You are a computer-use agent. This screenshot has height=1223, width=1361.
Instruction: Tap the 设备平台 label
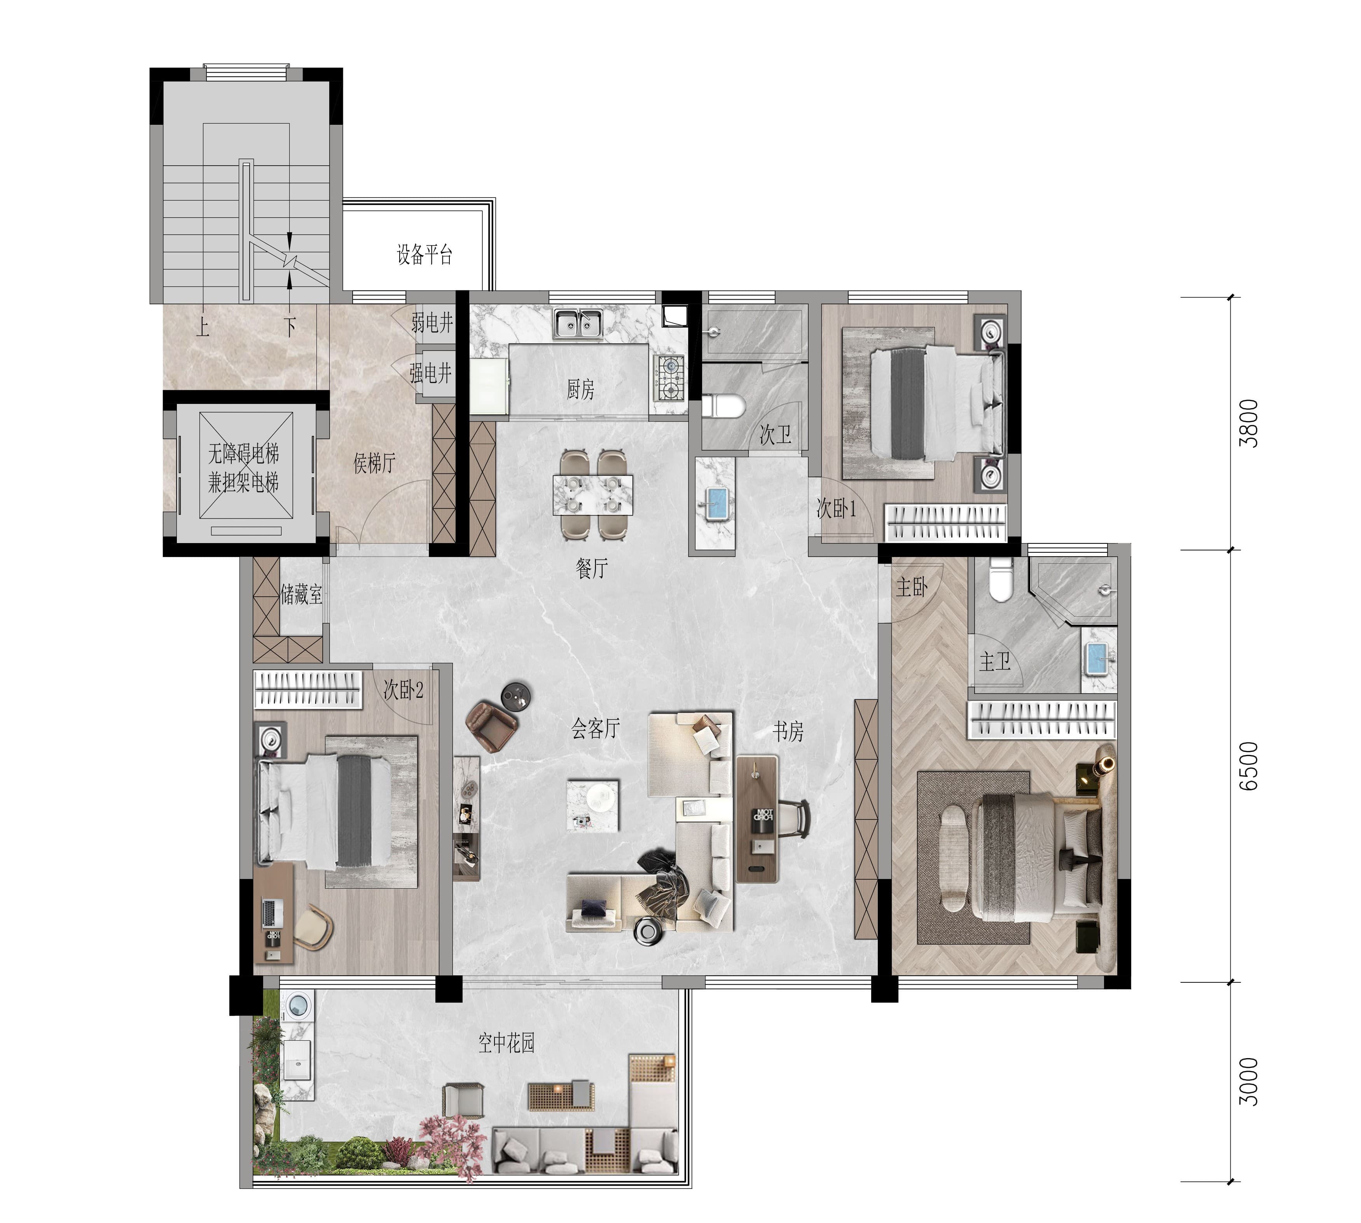424,254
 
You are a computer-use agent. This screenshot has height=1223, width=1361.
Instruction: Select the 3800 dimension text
1248,423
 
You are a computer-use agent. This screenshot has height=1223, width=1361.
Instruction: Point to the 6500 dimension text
1248,766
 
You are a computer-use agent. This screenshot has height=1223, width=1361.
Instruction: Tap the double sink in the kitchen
578,324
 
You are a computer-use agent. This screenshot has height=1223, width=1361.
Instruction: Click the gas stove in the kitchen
669,378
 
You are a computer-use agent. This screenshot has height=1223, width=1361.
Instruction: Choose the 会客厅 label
596,729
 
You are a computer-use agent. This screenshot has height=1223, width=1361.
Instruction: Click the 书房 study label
788,731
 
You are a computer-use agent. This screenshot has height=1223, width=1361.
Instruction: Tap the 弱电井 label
432,323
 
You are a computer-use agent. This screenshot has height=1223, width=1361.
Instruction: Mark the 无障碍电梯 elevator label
243,454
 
